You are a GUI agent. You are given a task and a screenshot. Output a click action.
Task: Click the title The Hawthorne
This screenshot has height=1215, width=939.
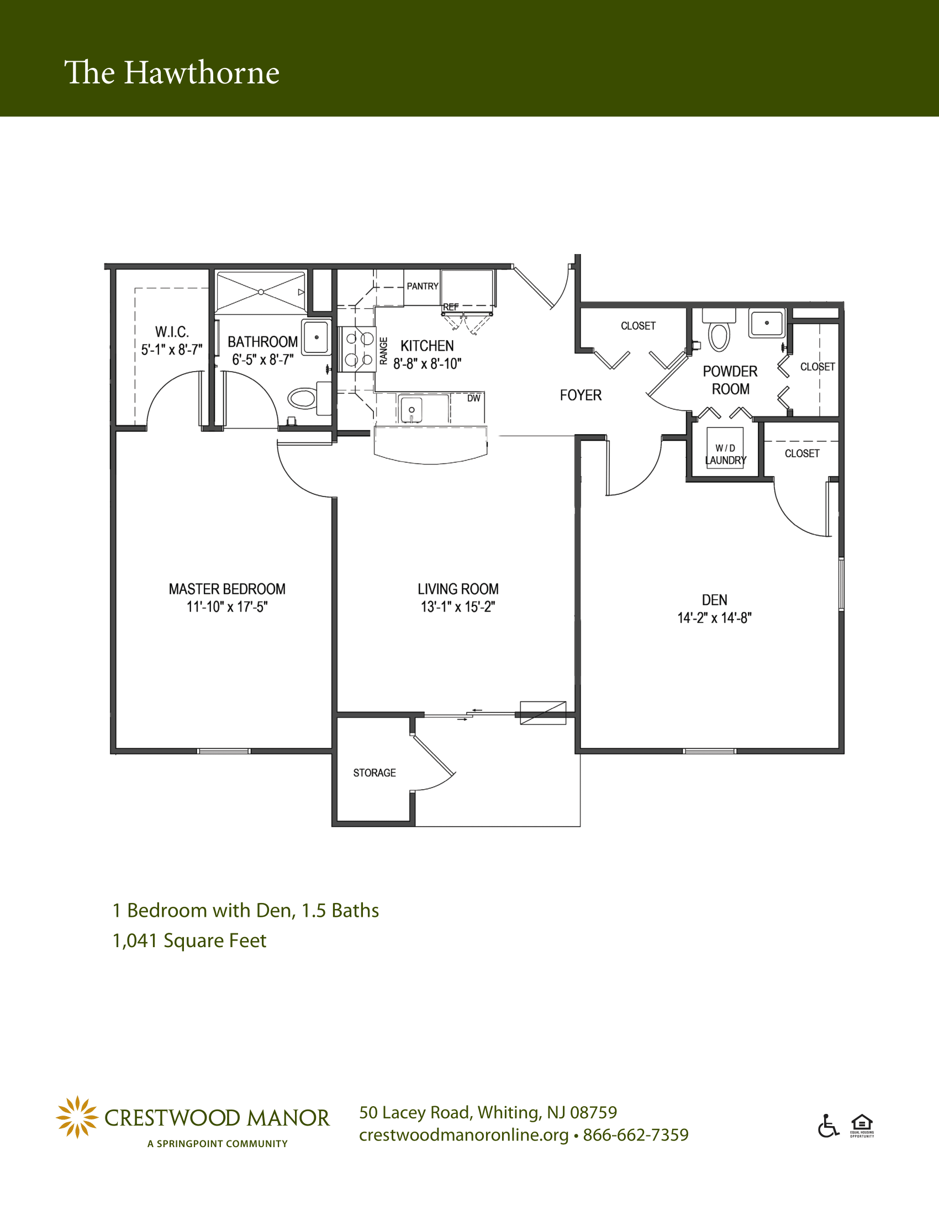(x=172, y=73)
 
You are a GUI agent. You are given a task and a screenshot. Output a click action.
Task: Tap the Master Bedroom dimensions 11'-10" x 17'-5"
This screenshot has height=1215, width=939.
(x=227, y=607)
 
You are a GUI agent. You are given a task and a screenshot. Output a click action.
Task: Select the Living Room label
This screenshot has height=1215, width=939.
(x=458, y=589)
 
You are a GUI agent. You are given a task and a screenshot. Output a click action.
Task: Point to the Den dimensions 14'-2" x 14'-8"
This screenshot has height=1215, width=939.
(x=714, y=618)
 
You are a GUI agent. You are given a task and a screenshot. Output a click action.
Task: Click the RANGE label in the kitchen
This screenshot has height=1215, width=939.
(x=383, y=351)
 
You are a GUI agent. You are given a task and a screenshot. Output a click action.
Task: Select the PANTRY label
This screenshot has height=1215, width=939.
(x=423, y=286)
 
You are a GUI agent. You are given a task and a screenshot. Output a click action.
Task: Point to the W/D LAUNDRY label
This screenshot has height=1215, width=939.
(x=725, y=455)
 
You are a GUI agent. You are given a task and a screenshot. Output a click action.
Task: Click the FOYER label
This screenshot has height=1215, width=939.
(x=581, y=395)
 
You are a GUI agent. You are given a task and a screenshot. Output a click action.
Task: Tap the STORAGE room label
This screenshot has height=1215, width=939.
(x=374, y=773)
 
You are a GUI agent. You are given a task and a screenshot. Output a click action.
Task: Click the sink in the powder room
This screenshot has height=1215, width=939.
(x=767, y=323)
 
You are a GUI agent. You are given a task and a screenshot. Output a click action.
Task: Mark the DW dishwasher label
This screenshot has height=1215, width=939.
(x=473, y=398)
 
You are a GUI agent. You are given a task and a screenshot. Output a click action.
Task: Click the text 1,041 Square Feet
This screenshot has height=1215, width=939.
(x=189, y=940)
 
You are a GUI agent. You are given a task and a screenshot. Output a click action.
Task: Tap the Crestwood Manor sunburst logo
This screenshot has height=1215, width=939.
(x=77, y=1117)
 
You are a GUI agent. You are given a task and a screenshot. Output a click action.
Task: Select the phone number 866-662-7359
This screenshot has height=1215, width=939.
(x=636, y=1134)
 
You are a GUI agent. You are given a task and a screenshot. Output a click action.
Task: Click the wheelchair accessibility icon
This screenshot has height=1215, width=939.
(x=829, y=1126)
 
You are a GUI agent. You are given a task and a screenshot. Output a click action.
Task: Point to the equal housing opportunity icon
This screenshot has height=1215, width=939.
(x=862, y=1126)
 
